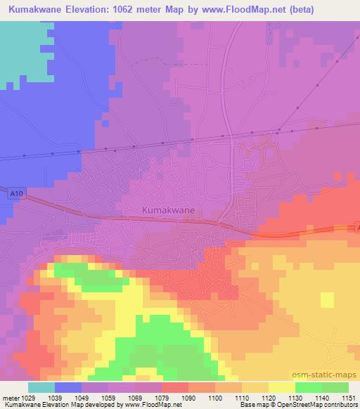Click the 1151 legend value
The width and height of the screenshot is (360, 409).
349,398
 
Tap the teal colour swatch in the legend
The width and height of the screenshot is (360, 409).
41,387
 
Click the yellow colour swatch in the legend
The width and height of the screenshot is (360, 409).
281,387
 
